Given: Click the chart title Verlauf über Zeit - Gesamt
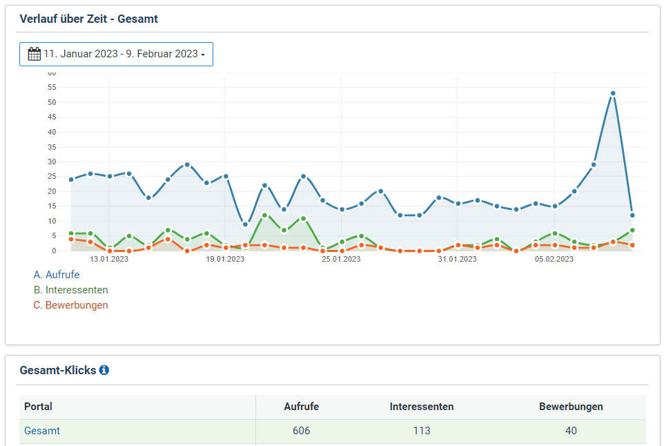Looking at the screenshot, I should [x=88, y=19].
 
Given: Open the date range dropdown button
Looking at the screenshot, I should [x=116, y=54].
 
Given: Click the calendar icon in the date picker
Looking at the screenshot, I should [x=34, y=54].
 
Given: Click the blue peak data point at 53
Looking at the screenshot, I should [x=612, y=93].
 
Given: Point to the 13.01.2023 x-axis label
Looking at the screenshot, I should [x=109, y=260].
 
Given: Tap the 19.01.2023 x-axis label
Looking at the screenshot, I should [x=225, y=260].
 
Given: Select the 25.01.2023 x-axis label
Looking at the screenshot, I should [x=342, y=260].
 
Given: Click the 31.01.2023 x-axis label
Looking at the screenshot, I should [x=458, y=260].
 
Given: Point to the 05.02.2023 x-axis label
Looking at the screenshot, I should [x=554, y=260].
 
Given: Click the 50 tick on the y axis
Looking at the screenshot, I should [x=52, y=102].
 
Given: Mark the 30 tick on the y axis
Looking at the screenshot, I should [x=52, y=162].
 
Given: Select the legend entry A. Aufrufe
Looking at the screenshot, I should [x=57, y=275].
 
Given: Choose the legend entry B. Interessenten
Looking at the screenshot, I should [x=70, y=290].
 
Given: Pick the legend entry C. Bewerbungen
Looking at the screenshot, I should [x=70, y=305].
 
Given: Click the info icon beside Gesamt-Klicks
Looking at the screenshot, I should [x=104, y=370].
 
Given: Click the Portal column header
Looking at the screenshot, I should [x=38, y=407].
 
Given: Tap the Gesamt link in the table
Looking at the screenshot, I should [x=42, y=431].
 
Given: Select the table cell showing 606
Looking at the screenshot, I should [x=301, y=431].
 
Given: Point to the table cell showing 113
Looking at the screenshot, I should [x=421, y=431].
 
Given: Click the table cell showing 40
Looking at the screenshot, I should [x=571, y=431].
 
